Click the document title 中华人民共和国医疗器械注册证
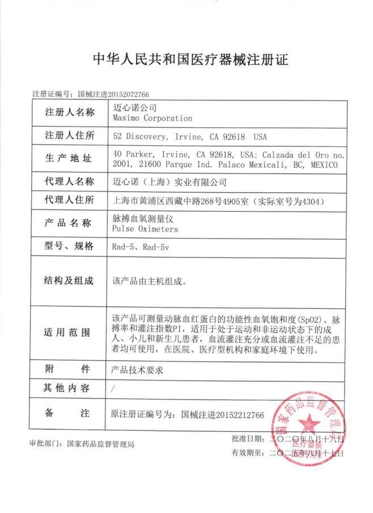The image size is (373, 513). pyautogui.click(x=186, y=59)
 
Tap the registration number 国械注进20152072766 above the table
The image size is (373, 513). pyautogui.click(x=113, y=94)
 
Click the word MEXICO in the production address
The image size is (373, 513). pyautogui.click(x=323, y=165)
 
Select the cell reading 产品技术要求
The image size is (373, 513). pyautogui.click(x=138, y=369)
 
